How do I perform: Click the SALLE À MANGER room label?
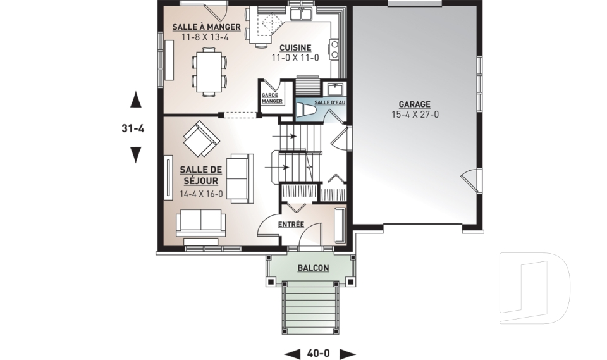click(x=206, y=27)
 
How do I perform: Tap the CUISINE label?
click(x=295, y=47)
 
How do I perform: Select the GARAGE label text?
click(x=415, y=104)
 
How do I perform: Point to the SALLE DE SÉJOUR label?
click(x=201, y=175)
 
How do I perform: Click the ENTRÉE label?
click(x=291, y=225)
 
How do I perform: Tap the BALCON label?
click(x=313, y=268)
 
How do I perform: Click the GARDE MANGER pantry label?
click(x=272, y=99)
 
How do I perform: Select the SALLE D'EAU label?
click(x=330, y=102)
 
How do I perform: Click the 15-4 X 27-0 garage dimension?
click(x=415, y=115)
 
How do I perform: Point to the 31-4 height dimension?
click(x=133, y=128)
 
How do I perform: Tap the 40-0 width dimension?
click(x=319, y=354)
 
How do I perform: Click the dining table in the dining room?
click(x=209, y=71)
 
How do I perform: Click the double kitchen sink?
click(x=302, y=14)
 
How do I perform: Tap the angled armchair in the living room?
click(x=201, y=139)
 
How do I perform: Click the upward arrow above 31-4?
click(x=135, y=99)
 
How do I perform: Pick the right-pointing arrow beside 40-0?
click(x=348, y=354)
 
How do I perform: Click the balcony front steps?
click(x=310, y=308)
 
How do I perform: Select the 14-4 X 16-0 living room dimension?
click(x=201, y=194)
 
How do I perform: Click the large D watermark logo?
click(x=534, y=288)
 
